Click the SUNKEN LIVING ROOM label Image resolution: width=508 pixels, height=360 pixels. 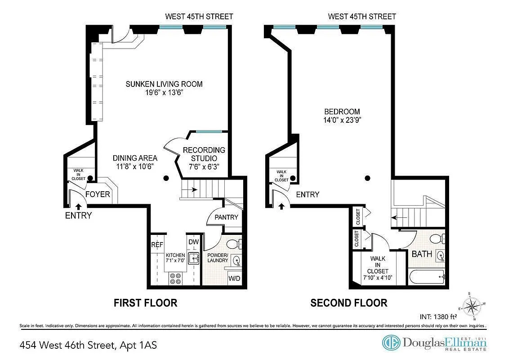[164, 84]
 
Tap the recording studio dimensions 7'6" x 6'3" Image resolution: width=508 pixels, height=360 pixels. [204, 167]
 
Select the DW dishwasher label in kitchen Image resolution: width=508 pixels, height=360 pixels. [193, 242]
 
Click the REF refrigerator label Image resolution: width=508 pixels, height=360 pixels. [157, 245]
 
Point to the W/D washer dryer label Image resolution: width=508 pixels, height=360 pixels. [234, 278]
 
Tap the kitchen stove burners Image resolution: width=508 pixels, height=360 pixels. [175, 279]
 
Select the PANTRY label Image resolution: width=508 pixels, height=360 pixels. [226, 217]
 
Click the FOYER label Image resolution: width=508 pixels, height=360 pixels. [97, 194]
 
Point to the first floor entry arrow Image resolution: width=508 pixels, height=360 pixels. [79, 207]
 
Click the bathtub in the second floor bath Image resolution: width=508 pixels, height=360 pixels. [426, 276]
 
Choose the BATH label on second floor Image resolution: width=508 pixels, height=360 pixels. [422, 254]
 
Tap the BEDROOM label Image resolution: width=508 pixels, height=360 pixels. [342, 112]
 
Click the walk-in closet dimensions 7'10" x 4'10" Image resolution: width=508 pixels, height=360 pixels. [378, 278]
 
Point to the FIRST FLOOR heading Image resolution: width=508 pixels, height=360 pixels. [145, 303]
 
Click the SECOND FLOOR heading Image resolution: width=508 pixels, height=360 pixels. [349, 303]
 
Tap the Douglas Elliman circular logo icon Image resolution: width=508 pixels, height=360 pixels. [391, 343]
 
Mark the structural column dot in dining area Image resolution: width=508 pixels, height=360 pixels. [166, 178]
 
